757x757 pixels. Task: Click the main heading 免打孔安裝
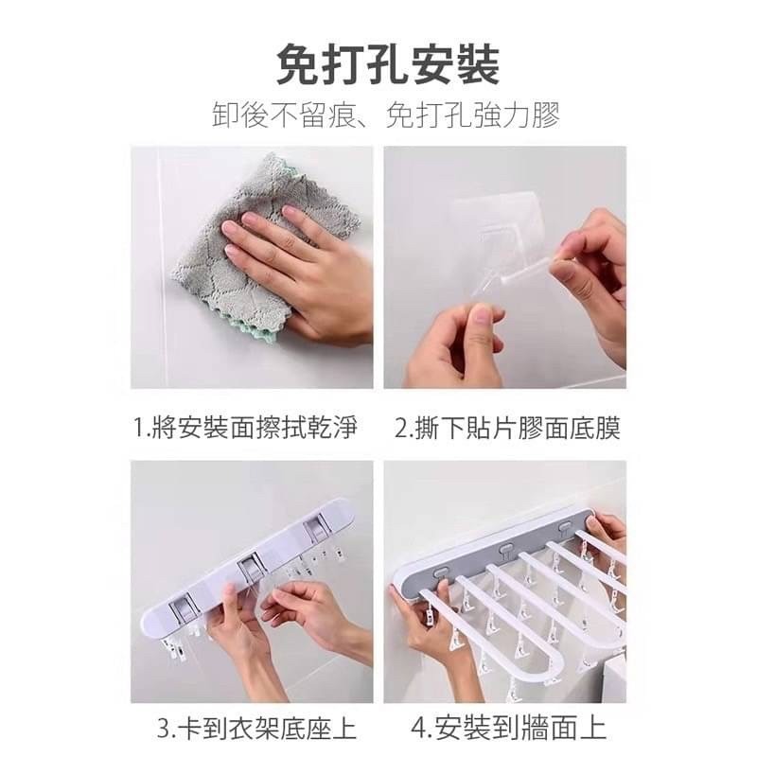[378, 67]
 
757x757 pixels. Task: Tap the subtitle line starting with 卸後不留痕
[378, 116]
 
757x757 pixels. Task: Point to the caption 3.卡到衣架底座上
[255, 729]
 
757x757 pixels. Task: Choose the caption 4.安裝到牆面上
[509, 729]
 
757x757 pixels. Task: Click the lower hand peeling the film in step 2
[454, 345]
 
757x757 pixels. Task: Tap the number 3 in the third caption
[162, 729]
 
